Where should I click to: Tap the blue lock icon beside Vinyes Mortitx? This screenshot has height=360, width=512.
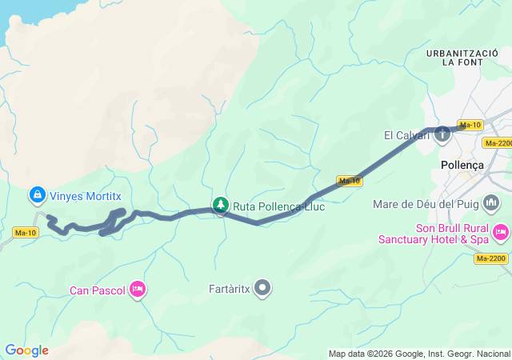click(37, 194)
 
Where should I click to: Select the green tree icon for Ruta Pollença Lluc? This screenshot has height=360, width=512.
click(220, 206)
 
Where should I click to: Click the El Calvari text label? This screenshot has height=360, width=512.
click(407, 135)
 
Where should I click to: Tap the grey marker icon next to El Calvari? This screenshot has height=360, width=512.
click(442, 134)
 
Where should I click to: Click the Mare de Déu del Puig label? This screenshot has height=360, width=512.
click(425, 204)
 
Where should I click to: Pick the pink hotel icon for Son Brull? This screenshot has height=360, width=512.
click(500, 232)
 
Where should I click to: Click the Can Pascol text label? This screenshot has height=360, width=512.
click(98, 290)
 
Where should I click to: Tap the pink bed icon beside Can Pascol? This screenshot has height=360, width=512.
click(138, 288)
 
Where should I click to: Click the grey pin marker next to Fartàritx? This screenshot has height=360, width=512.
click(262, 288)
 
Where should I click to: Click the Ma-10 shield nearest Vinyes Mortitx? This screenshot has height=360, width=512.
click(26, 233)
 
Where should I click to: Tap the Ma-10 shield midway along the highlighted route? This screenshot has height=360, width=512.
click(350, 181)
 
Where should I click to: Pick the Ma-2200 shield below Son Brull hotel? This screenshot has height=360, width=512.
click(491, 258)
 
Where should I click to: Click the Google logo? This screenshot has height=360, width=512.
click(26, 350)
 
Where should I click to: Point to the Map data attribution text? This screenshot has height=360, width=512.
click(419, 354)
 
